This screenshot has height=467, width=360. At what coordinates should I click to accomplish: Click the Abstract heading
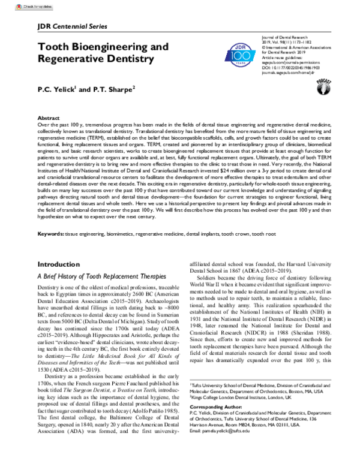pos(49,119)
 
